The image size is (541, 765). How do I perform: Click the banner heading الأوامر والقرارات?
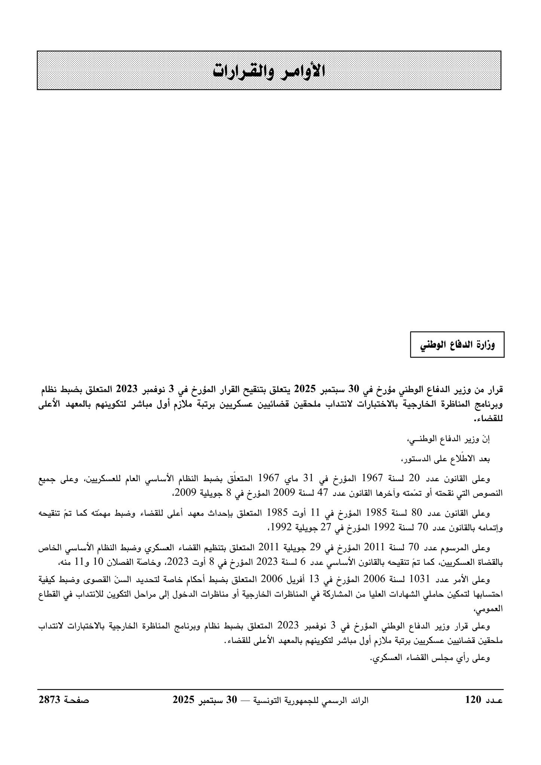269,71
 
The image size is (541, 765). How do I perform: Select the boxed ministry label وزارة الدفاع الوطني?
457,345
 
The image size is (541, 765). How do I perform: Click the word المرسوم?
449,548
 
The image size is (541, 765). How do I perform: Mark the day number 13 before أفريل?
313,579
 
